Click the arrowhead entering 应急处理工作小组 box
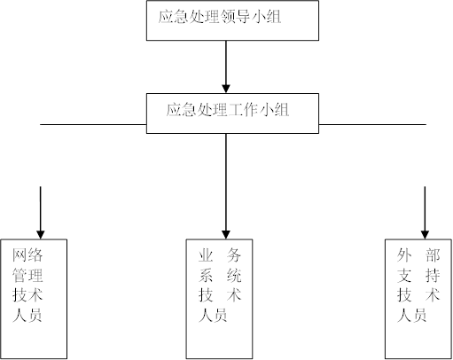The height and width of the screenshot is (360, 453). [x=226, y=89]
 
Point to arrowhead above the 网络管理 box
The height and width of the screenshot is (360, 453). [x=41, y=235]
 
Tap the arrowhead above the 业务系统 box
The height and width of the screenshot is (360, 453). [x=226, y=235]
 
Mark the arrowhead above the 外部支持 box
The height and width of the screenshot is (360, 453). [x=425, y=235]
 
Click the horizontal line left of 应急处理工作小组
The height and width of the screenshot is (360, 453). [x=93, y=124]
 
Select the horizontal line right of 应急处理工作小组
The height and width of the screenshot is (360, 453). [x=372, y=124]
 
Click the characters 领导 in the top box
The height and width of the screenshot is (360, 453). [x=235, y=17]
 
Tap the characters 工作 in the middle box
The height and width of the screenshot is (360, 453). [x=243, y=110]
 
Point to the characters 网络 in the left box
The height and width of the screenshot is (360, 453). [x=27, y=255]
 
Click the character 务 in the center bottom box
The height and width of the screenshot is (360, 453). [x=234, y=255]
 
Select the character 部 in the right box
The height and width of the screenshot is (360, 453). [x=433, y=255]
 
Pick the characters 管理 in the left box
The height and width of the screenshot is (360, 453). [x=27, y=276]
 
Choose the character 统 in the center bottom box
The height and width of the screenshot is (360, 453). [x=234, y=276]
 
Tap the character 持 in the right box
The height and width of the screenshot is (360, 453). [x=433, y=276]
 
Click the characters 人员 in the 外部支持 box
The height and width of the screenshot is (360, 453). [x=411, y=315]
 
